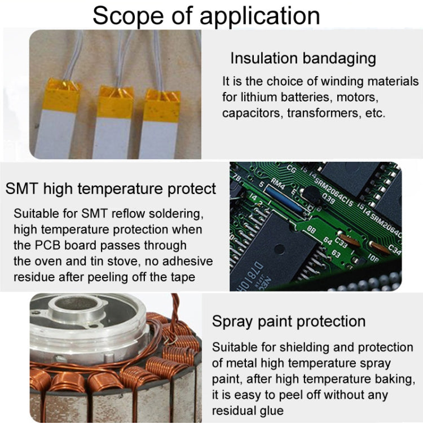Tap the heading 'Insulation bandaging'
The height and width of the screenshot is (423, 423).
coord(303,58)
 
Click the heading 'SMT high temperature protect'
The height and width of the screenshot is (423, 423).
coord(111,188)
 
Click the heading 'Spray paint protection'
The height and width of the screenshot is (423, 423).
coord(289,321)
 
